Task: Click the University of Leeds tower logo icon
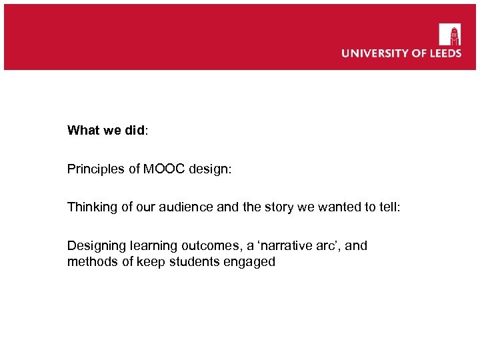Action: [x=449, y=34]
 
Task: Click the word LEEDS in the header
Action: [x=443, y=53]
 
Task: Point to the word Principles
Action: [x=93, y=169]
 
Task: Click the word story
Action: [x=274, y=207]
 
